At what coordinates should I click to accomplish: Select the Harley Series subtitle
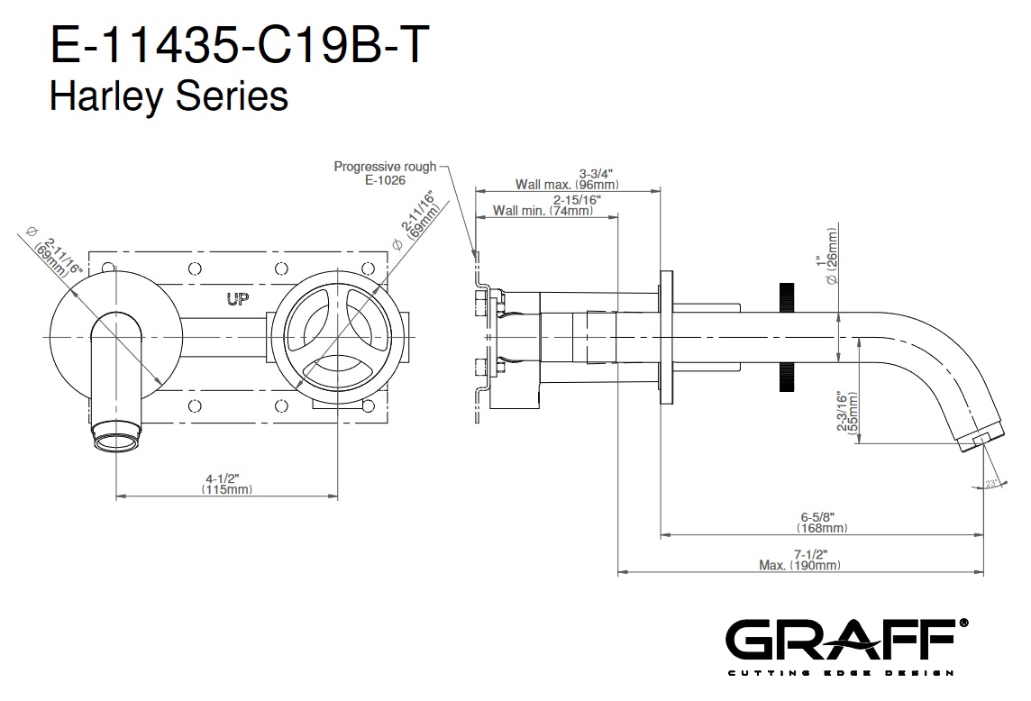pos(169,96)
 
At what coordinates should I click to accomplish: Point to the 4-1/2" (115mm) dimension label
pos(227,484)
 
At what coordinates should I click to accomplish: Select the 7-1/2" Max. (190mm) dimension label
pos(800,560)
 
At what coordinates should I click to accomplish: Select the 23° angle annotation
pos(992,485)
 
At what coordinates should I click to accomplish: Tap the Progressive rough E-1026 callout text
pos(385,173)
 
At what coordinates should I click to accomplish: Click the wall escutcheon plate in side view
pos(666,337)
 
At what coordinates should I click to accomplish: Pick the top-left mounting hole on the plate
pos(109,268)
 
